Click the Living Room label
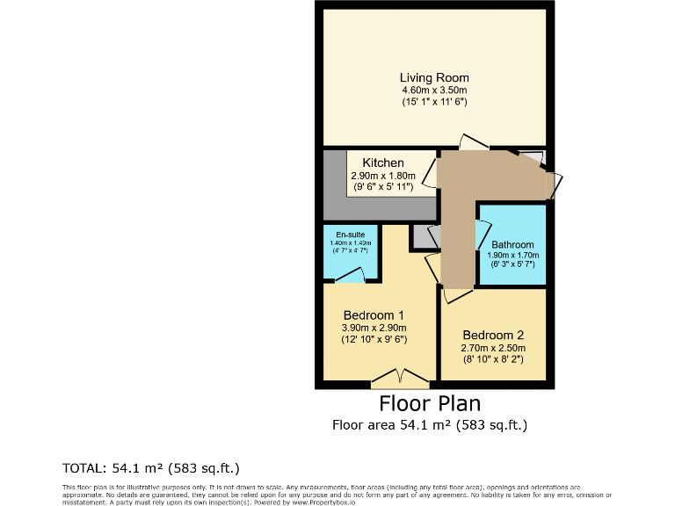point(434,77)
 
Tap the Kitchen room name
point(383,163)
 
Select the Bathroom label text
point(512,245)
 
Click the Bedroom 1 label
point(374,315)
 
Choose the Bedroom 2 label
point(493,335)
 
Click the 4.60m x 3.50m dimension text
point(434,90)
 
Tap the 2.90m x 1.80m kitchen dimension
point(383,175)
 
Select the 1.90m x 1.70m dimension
point(512,256)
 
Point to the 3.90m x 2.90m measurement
point(374,328)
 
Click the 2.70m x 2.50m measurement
point(493,347)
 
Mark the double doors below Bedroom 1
point(400,379)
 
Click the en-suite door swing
point(351,276)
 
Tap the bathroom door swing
point(483,233)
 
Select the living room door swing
point(473,141)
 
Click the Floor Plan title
point(430,403)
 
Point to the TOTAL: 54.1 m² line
point(150,466)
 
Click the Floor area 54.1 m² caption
point(430,425)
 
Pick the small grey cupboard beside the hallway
point(425,235)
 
